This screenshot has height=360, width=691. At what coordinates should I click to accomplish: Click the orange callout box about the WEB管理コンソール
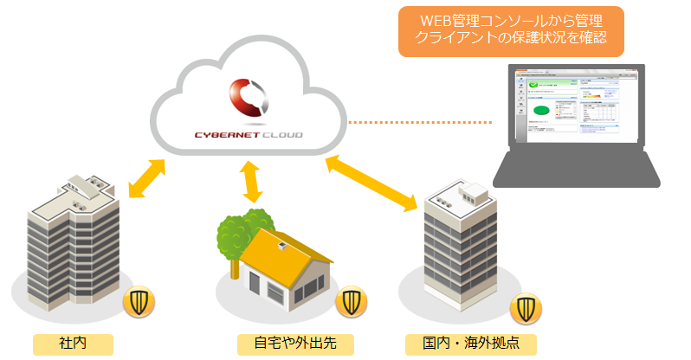(x=510, y=32)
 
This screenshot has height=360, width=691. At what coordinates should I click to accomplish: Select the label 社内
(x=73, y=342)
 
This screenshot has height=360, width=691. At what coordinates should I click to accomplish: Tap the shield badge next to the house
(x=351, y=301)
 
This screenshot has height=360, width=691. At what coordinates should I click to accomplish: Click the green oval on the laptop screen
(x=541, y=110)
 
